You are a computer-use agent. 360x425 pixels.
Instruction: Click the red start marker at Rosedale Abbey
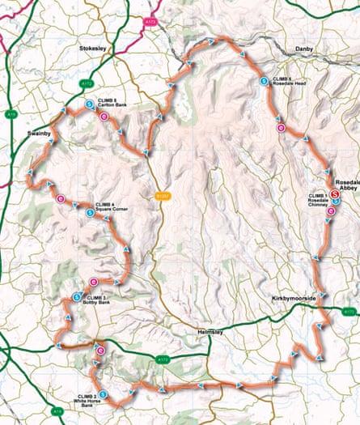pos(334,194)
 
